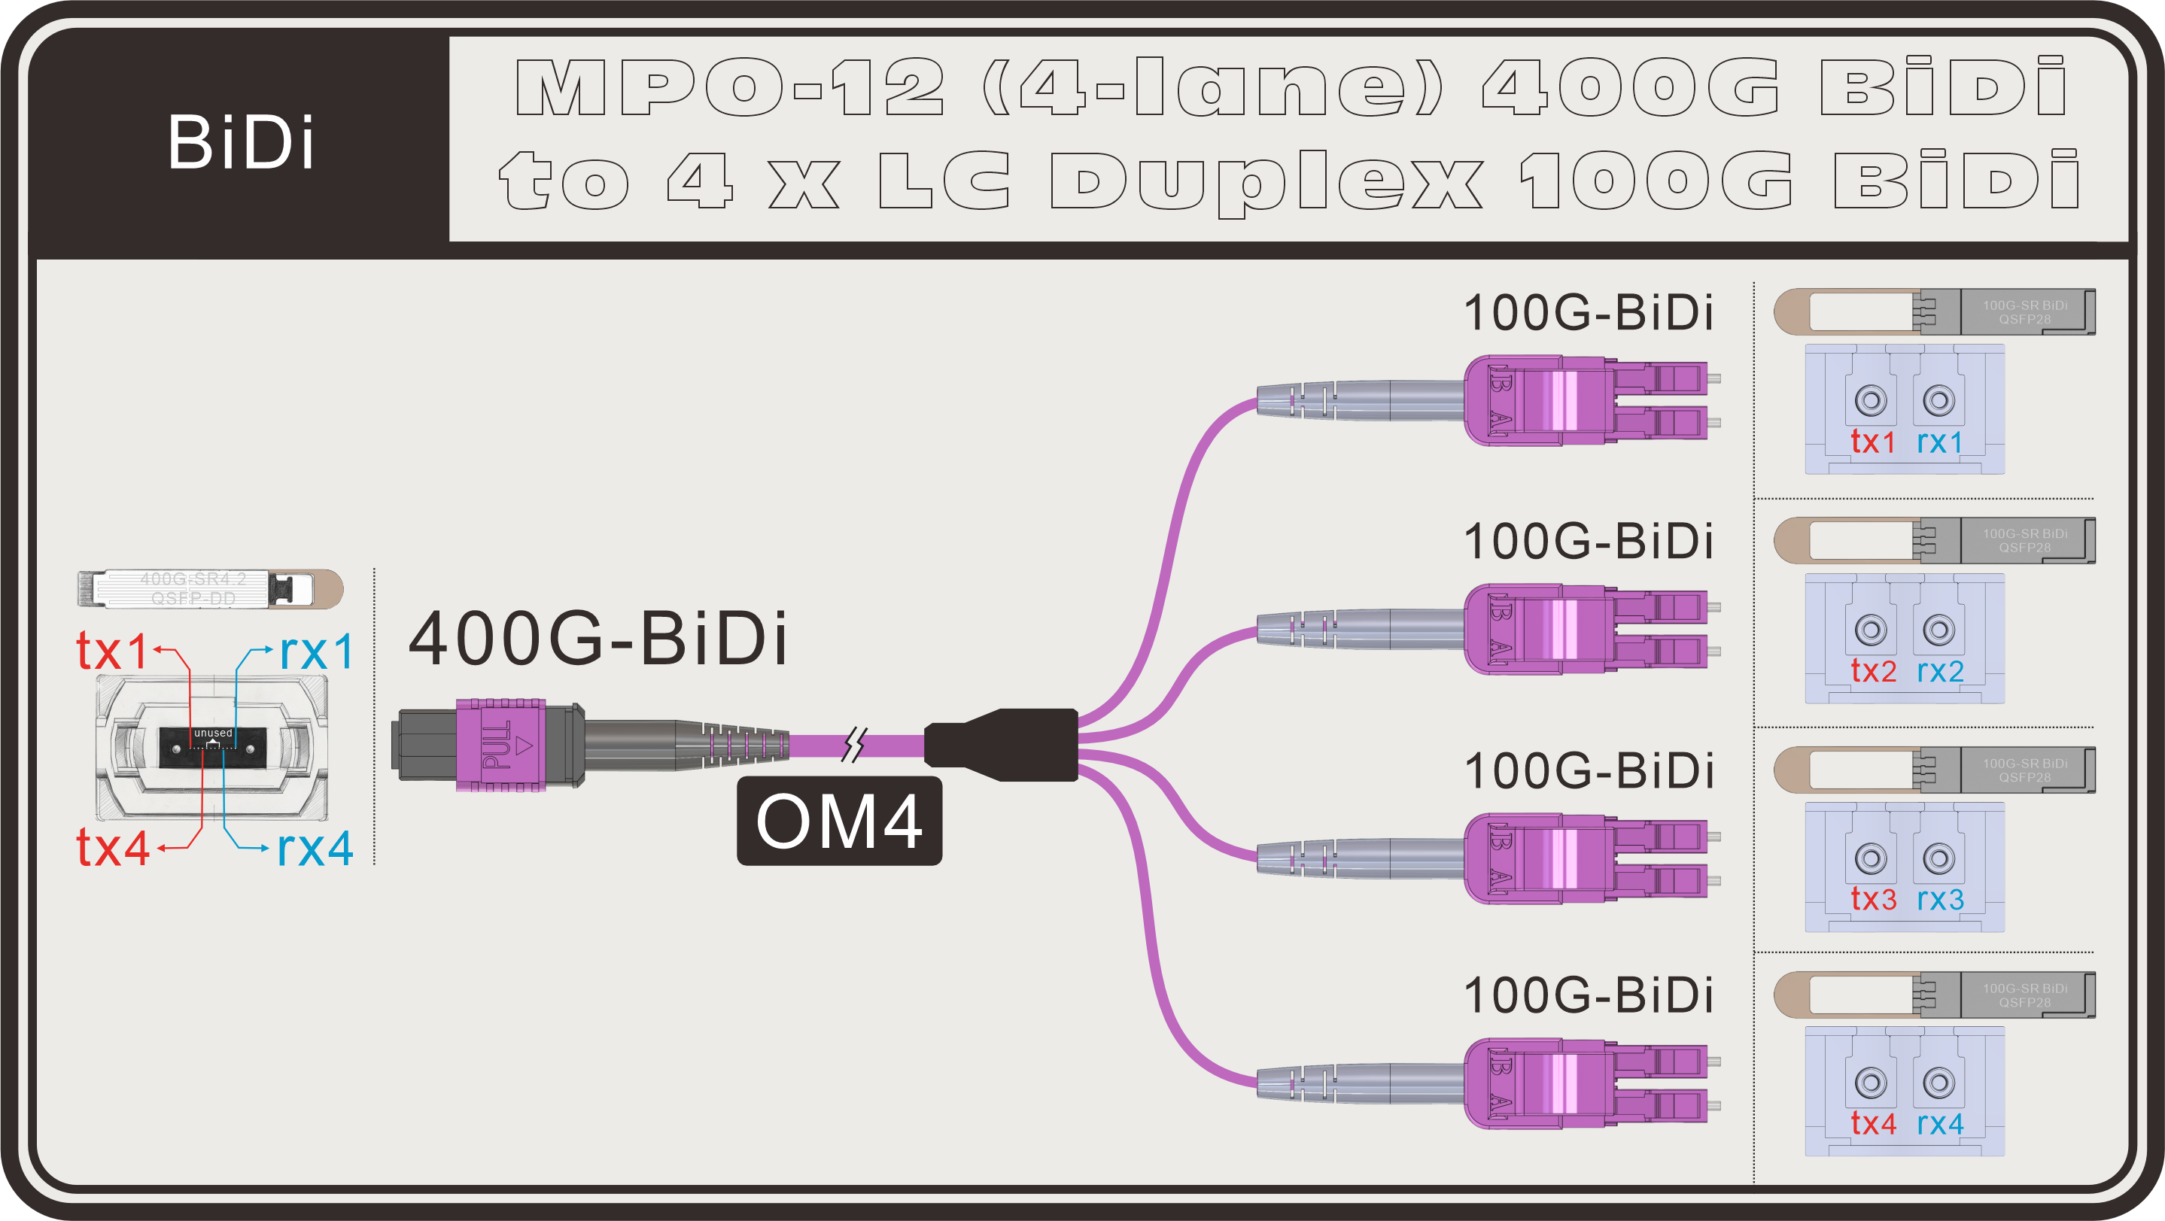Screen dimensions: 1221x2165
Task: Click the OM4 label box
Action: point(839,821)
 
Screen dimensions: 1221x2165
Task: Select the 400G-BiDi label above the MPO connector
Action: point(598,639)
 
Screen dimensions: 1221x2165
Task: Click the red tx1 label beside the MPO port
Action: point(112,652)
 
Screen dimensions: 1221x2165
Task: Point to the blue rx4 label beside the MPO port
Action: point(315,848)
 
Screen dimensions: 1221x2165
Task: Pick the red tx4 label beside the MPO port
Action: point(114,848)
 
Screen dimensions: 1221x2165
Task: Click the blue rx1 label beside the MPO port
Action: point(317,652)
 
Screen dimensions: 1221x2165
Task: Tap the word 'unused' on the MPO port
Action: point(214,733)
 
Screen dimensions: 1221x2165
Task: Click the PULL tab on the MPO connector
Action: point(498,745)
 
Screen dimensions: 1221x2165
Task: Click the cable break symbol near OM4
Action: point(854,745)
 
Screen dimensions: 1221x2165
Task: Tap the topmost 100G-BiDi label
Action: point(1588,313)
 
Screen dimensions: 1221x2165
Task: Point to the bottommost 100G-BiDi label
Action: point(1588,995)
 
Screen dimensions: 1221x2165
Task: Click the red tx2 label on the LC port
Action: point(1873,670)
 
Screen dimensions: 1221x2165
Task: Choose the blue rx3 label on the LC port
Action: point(1940,899)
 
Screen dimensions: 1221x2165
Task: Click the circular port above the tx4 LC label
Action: point(1871,1083)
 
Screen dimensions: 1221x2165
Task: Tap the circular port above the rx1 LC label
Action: point(1939,400)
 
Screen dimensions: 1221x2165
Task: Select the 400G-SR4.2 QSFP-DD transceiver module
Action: point(210,588)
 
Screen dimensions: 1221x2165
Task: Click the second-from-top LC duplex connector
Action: point(1589,630)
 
